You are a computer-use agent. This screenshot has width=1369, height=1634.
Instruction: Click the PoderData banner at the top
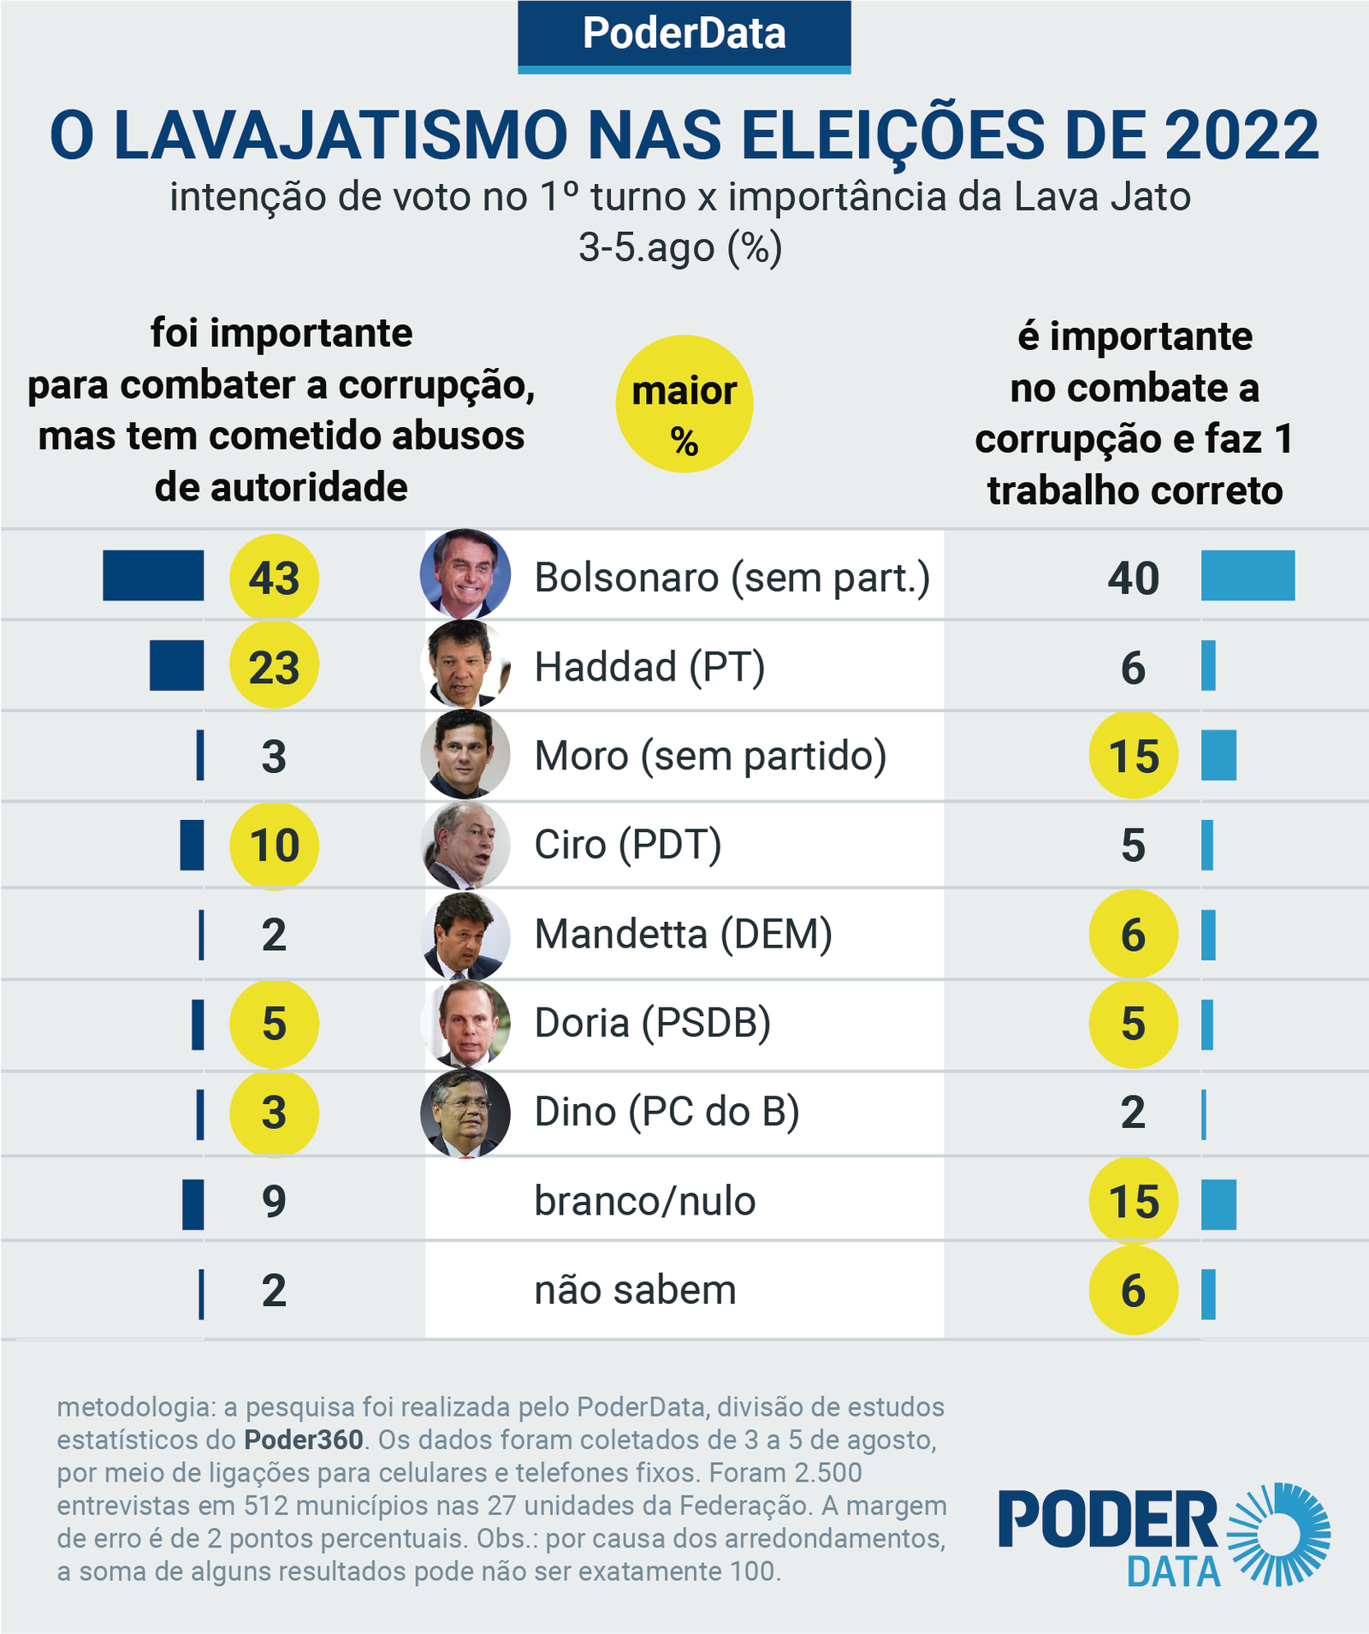point(684,34)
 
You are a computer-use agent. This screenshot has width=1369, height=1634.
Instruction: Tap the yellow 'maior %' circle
point(684,403)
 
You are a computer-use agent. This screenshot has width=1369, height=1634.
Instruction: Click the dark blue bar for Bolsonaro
point(153,575)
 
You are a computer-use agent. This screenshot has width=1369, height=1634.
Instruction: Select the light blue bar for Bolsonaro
point(1248,575)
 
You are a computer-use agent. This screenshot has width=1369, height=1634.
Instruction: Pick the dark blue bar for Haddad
point(176,665)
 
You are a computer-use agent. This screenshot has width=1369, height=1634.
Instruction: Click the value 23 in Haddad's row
point(274,667)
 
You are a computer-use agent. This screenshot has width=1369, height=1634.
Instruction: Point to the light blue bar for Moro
point(1218,755)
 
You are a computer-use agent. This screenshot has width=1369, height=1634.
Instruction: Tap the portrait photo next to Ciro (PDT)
point(465,845)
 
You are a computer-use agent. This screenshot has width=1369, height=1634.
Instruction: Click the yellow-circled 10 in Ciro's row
point(274,846)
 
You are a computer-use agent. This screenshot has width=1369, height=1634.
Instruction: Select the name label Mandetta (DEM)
point(683,934)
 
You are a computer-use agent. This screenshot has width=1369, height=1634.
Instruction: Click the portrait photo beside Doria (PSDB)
point(465,1024)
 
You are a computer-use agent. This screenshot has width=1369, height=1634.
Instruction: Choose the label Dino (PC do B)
point(667,1112)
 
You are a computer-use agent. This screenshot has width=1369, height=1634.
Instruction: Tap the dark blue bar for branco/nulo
point(193,1204)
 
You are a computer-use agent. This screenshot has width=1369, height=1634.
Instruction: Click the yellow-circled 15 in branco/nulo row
point(1133,1202)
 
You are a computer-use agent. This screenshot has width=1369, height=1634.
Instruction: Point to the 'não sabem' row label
point(635,1290)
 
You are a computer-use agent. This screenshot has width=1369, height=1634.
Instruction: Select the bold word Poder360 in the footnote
point(304,1440)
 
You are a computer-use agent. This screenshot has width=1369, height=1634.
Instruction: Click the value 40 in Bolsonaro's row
point(1133,578)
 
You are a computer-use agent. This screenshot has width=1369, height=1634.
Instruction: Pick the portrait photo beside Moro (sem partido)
point(465,755)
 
